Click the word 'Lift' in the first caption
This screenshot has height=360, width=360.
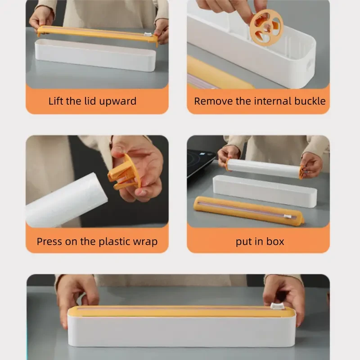[56, 101]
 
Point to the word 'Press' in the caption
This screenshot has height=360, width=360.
[49, 242]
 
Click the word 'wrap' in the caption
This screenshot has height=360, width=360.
[145, 242]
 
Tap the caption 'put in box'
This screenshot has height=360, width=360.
[260, 242]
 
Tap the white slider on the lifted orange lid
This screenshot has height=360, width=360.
[147, 35]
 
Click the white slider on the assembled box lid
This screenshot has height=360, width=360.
[276, 306]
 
